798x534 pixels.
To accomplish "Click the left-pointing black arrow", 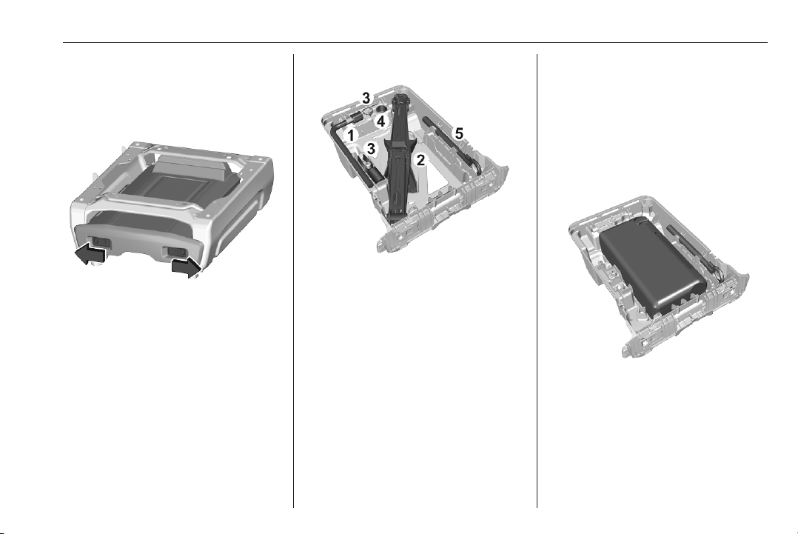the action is click(90, 253).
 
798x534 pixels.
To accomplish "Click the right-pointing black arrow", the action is click(185, 266).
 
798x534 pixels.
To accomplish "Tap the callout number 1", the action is click(350, 136).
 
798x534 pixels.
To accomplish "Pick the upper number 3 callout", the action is click(366, 98).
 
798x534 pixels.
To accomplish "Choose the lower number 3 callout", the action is click(371, 149).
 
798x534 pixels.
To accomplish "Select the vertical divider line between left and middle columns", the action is click(294, 281).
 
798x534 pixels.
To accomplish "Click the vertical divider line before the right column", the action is click(537, 281).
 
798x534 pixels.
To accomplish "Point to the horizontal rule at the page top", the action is click(415, 43).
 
